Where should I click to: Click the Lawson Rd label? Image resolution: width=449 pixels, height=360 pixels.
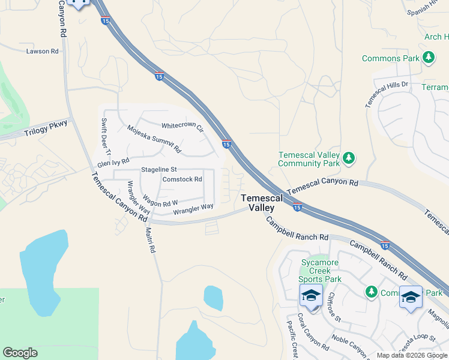(x=42, y=52)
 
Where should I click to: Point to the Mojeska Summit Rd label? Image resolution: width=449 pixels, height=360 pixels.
(x=154, y=138)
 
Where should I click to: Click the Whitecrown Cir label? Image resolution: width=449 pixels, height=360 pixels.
(x=182, y=127)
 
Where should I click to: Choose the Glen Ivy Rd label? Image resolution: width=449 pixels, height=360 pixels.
(x=113, y=162)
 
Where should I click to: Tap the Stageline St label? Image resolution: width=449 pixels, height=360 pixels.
(x=158, y=170)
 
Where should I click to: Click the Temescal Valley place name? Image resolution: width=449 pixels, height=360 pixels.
(x=258, y=203)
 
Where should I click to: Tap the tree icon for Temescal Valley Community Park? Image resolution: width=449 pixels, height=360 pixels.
(x=349, y=158)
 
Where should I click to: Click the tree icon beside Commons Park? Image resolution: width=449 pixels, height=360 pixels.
(x=429, y=58)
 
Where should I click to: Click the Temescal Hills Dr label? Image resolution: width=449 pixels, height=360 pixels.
(x=386, y=94)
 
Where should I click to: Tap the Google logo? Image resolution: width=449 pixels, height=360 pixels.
(x=20, y=353)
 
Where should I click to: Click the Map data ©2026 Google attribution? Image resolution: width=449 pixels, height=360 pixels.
(x=411, y=355)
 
